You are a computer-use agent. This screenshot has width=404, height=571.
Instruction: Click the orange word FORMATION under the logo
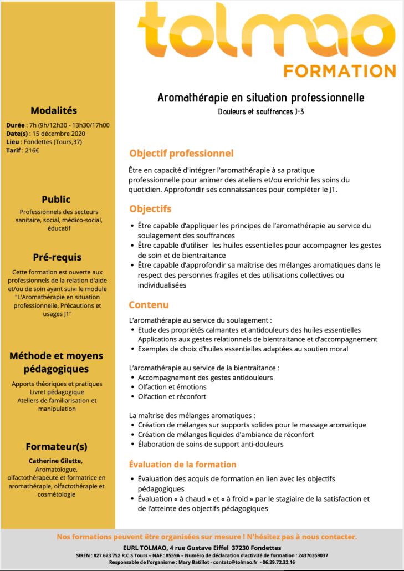tap(340, 71)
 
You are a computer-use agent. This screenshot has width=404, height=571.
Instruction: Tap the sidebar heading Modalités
tap(54, 110)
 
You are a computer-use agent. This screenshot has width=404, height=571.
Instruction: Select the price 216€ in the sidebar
tap(32, 150)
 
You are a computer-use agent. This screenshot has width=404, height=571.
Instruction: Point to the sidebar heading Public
tap(56, 200)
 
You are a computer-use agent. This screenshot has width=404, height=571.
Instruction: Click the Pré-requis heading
tap(57, 257)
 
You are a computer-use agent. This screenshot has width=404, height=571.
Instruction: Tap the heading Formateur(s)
tap(57, 447)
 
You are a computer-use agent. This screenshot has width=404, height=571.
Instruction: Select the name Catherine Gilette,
tap(55, 461)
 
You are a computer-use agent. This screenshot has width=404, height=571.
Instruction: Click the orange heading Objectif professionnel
tap(181, 154)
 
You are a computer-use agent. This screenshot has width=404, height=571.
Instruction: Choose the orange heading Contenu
tap(149, 305)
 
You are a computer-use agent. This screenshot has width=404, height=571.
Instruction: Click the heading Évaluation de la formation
tap(182, 465)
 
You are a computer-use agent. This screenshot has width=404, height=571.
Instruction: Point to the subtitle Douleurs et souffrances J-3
tap(260, 112)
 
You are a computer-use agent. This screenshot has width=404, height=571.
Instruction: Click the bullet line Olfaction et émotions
tap(172, 387)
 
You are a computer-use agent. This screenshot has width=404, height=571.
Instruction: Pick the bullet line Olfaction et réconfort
tap(172, 396)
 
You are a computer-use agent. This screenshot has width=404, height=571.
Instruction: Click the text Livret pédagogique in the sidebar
tap(57, 392)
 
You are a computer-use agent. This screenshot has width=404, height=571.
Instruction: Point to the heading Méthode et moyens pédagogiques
tap(56, 362)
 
